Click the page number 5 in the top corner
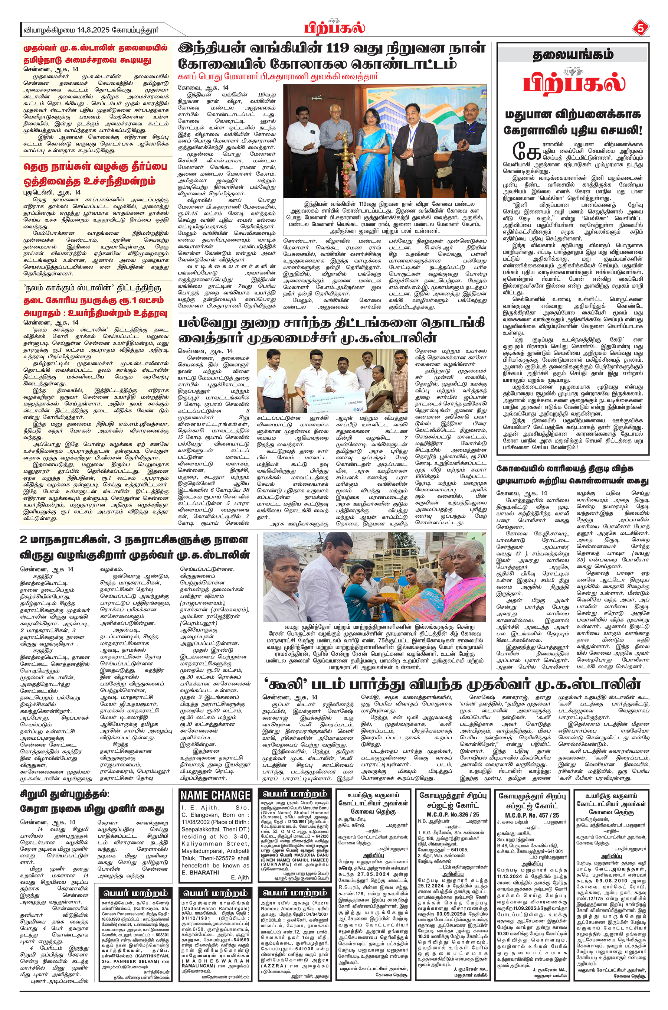pos(640,29)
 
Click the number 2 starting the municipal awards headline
pos(24,540)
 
